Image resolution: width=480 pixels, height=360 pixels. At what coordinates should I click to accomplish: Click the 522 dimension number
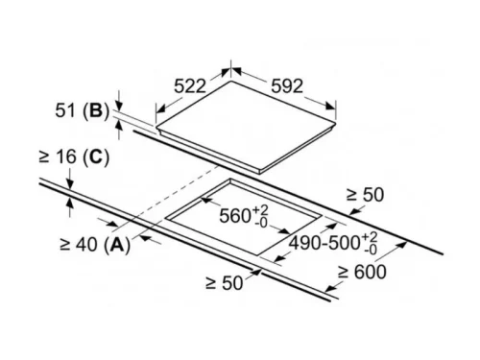(191, 85)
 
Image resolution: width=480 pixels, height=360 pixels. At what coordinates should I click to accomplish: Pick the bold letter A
(116, 245)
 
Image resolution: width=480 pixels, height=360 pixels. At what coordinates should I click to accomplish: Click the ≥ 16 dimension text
(57, 155)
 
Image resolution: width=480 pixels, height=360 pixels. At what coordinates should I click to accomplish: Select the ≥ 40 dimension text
(78, 245)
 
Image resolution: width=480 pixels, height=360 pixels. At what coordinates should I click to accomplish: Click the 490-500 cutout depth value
(325, 245)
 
